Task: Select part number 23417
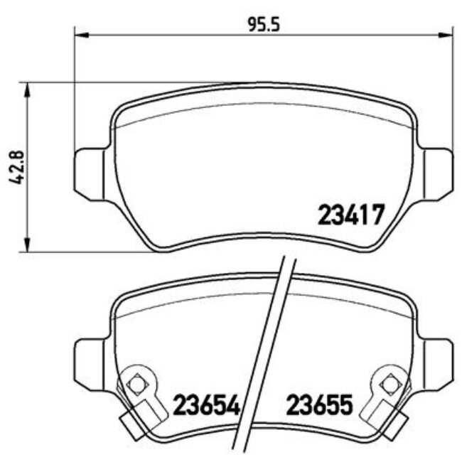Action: tap(351, 214)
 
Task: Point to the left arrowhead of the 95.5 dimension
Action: tap(79, 33)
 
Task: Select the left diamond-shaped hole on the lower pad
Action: tap(136, 384)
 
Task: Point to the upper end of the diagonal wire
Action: tap(288, 260)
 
